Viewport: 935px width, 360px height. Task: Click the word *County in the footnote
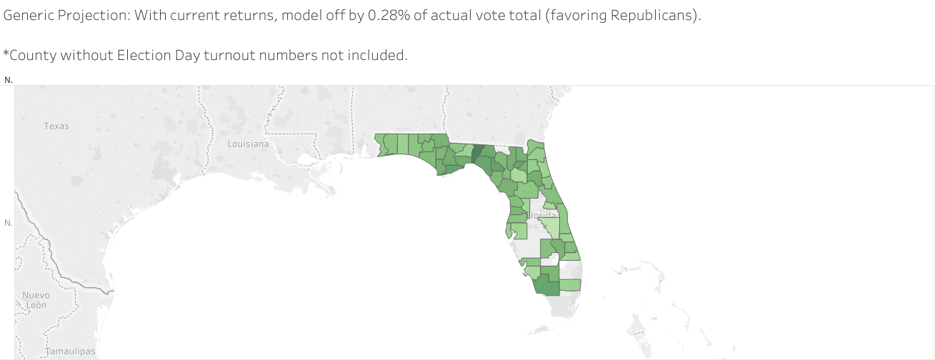pyautogui.click(x=26, y=55)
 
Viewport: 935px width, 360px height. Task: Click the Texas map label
pyautogui.click(x=56, y=126)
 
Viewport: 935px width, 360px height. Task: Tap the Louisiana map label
pyautogui.click(x=248, y=144)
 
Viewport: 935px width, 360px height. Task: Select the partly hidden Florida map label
pyautogui.click(x=542, y=214)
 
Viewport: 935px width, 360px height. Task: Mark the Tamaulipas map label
pyautogui.click(x=70, y=351)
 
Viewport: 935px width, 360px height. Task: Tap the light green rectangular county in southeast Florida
pyautogui.click(x=570, y=284)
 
